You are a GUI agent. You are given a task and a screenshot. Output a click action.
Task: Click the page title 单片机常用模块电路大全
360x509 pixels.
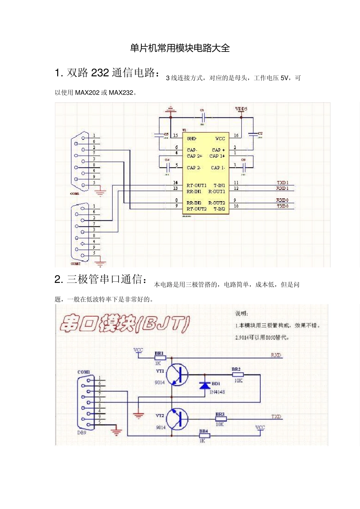[x=180, y=48]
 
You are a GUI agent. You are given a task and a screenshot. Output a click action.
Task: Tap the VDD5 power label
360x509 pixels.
[x=241, y=109]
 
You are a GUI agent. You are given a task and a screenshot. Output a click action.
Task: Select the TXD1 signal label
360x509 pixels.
[x=283, y=183]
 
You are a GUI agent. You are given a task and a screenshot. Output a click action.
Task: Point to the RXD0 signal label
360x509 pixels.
[x=282, y=200]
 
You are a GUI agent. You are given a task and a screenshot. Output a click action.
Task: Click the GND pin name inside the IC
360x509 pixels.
[x=191, y=139]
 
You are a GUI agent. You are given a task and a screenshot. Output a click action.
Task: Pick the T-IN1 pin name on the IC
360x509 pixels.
[x=219, y=185]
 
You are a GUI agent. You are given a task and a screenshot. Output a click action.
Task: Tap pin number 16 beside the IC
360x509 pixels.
[x=236, y=136]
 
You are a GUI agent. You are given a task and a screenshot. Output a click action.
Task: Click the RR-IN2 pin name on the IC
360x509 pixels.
[x=194, y=203]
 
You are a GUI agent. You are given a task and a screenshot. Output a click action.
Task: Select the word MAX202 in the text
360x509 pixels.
[x=87, y=93]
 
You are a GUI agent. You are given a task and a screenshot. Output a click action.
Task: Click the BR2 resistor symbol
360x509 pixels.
[x=237, y=375]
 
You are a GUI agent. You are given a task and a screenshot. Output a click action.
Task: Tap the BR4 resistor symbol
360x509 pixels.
[x=204, y=436]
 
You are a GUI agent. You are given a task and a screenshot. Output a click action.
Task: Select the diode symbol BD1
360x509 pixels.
[x=205, y=385]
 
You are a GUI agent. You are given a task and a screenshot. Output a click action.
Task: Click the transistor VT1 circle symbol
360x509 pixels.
[x=178, y=375]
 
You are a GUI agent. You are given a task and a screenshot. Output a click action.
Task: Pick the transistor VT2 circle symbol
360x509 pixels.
[x=178, y=419]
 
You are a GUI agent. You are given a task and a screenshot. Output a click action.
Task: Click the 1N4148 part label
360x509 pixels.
[x=217, y=392]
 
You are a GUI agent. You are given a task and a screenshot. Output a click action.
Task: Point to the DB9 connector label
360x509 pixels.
[x=82, y=432]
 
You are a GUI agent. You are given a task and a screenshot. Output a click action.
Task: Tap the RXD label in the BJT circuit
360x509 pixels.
[x=276, y=355]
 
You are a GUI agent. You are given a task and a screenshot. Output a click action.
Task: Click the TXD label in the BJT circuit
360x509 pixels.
[x=276, y=417]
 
